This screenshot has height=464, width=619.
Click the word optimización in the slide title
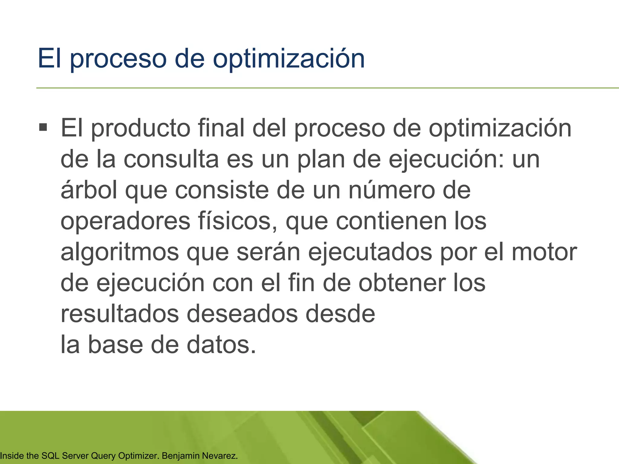[x=289, y=59]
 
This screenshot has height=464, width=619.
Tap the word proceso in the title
[x=118, y=59]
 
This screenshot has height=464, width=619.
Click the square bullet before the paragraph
[x=43, y=127]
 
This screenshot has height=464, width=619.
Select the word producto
[x=141, y=128]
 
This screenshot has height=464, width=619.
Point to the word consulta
[x=171, y=159]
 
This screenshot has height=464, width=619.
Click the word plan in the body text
[x=321, y=159]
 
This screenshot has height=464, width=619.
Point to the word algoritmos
[x=120, y=252]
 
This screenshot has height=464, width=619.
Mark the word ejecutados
[x=370, y=252]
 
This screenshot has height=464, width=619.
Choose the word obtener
[x=402, y=283]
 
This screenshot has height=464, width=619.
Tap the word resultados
[x=120, y=314]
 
